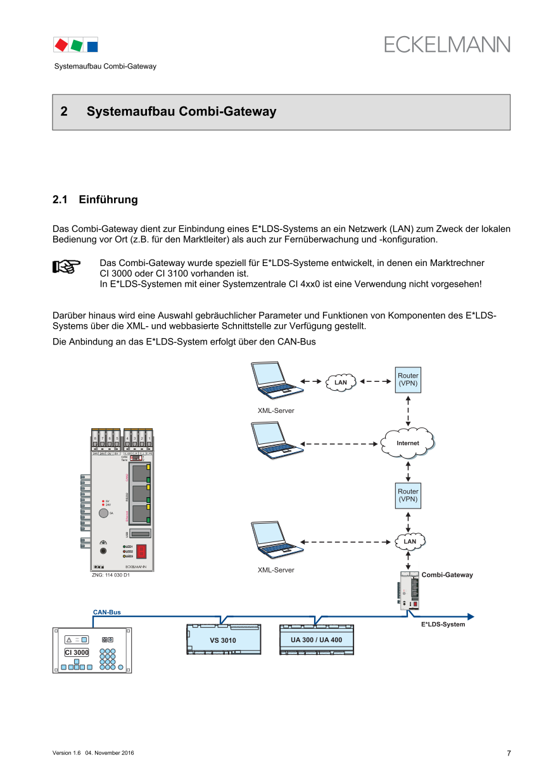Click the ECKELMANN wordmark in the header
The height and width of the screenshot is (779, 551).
(x=446, y=44)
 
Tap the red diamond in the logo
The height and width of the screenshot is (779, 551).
(x=61, y=45)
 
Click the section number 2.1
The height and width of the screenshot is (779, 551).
(x=60, y=199)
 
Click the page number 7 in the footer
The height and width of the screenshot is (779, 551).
(x=509, y=753)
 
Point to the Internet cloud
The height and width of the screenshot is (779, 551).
(x=408, y=443)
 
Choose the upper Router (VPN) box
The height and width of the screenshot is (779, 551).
(x=408, y=380)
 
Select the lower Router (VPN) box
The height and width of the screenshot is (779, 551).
(x=408, y=495)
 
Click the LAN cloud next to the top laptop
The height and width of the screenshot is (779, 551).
(x=341, y=382)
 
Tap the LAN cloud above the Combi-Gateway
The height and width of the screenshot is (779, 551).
(x=410, y=541)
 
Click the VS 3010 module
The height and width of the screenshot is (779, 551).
(x=223, y=640)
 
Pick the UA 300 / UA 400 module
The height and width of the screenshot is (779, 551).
(x=316, y=640)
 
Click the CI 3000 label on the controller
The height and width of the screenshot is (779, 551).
(x=77, y=652)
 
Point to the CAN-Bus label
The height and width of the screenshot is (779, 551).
(x=106, y=612)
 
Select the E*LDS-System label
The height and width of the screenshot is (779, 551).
(x=443, y=624)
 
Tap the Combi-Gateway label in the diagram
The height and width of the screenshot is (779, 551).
(x=447, y=575)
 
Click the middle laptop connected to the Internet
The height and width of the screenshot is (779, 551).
(x=274, y=440)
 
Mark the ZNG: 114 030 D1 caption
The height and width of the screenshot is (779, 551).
(x=111, y=575)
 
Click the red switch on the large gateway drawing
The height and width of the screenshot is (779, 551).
(x=142, y=551)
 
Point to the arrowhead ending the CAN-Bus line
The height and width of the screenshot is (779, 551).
(x=471, y=616)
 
